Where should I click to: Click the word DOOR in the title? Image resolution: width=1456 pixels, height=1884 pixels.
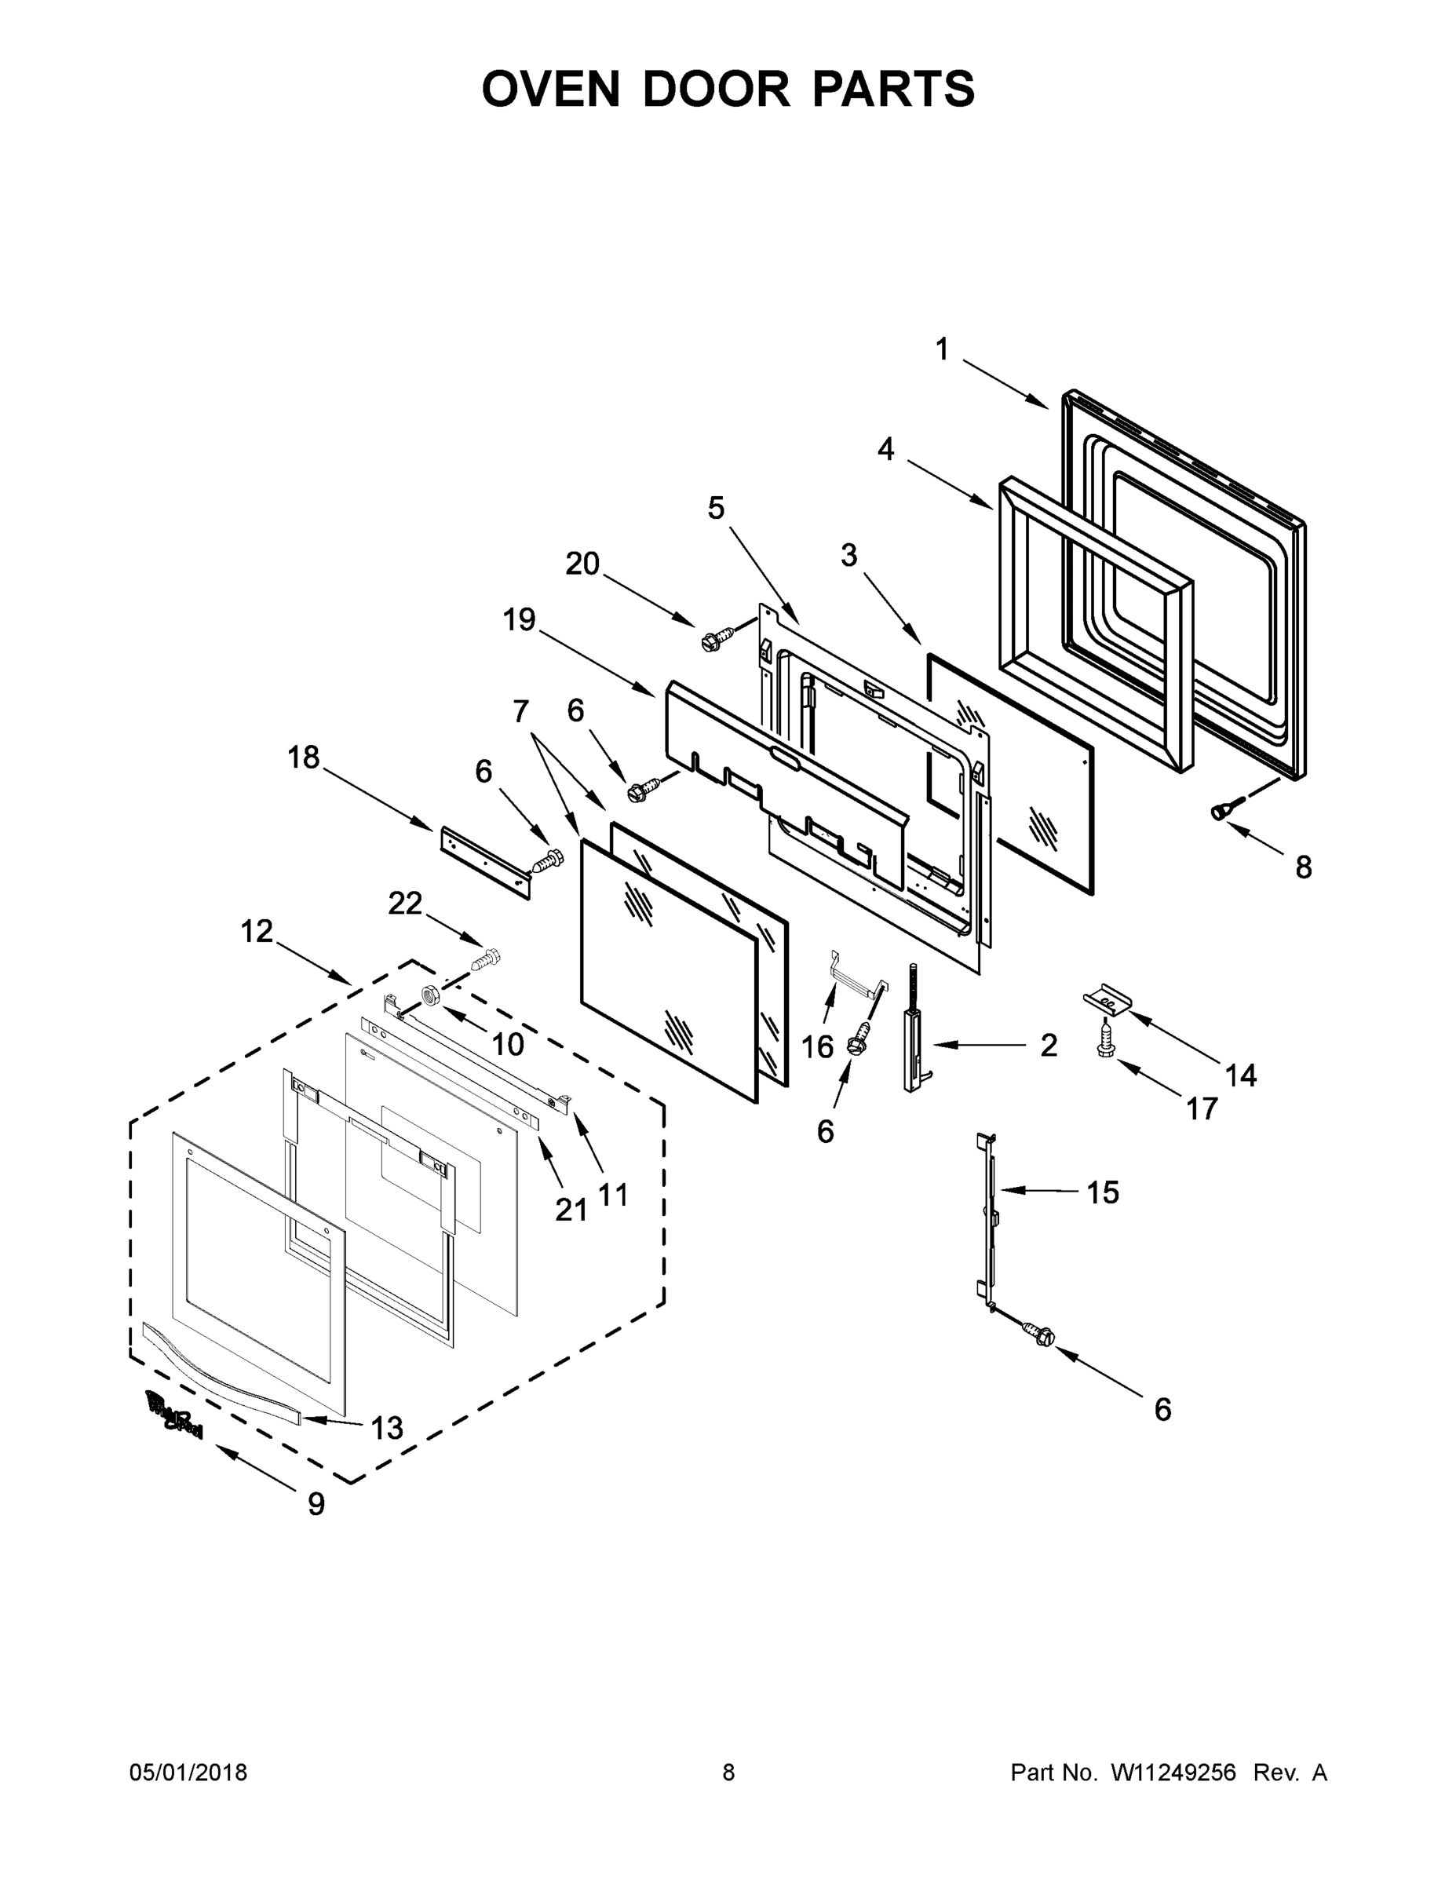pyautogui.click(x=715, y=89)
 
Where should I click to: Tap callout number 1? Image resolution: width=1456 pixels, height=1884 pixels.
pyautogui.click(x=942, y=349)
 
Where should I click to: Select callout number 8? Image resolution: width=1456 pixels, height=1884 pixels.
pyautogui.click(x=1303, y=867)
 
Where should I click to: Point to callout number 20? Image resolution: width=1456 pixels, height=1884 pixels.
pyautogui.click(x=582, y=564)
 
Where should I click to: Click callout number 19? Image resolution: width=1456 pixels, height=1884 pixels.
pyautogui.click(x=520, y=619)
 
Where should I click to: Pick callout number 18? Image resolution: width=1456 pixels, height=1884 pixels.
pyautogui.click(x=304, y=758)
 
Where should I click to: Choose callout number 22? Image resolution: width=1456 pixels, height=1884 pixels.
pyautogui.click(x=404, y=904)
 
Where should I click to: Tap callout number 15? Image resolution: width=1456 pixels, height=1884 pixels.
pyautogui.click(x=1102, y=1192)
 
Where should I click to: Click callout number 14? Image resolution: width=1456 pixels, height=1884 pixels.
pyautogui.click(x=1241, y=1075)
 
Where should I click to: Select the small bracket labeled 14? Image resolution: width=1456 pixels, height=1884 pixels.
pyautogui.click(x=1108, y=1001)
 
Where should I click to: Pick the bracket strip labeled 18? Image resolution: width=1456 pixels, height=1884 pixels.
pyautogui.click(x=484, y=862)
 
